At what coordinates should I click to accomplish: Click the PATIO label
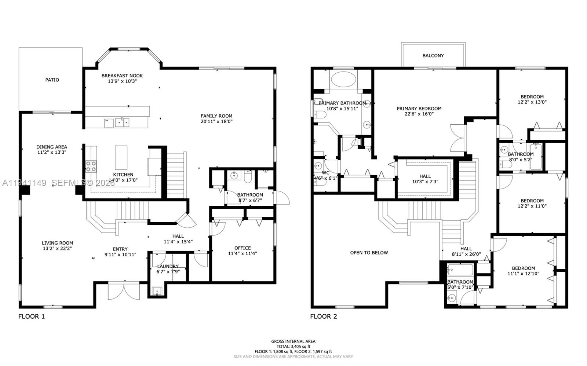(x=52, y=80)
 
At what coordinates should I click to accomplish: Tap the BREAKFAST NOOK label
(x=122, y=76)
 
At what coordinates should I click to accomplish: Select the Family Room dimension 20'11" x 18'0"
(x=216, y=121)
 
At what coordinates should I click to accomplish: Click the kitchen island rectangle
(x=121, y=157)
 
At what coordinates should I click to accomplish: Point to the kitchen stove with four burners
(x=91, y=166)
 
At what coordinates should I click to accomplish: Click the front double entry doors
(x=124, y=291)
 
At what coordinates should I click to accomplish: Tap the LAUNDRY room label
(x=168, y=266)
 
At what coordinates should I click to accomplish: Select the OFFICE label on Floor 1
(x=243, y=248)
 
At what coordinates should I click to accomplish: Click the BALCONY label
(x=433, y=56)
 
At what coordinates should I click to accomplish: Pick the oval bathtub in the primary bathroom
(x=343, y=79)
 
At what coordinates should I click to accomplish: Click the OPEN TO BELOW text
(x=369, y=253)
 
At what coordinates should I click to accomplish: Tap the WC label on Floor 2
(x=325, y=173)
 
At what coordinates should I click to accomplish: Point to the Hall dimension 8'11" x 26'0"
(x=466, y=254)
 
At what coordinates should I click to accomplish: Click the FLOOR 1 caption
(x=32, y=316)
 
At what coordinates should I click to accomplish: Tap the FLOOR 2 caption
(x=324, y=316)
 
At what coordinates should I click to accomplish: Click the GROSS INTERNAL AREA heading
(x=293, y=341)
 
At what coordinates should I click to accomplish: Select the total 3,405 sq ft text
(x=293, y=346)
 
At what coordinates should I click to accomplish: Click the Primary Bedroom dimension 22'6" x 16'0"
(x=419, y=114)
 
